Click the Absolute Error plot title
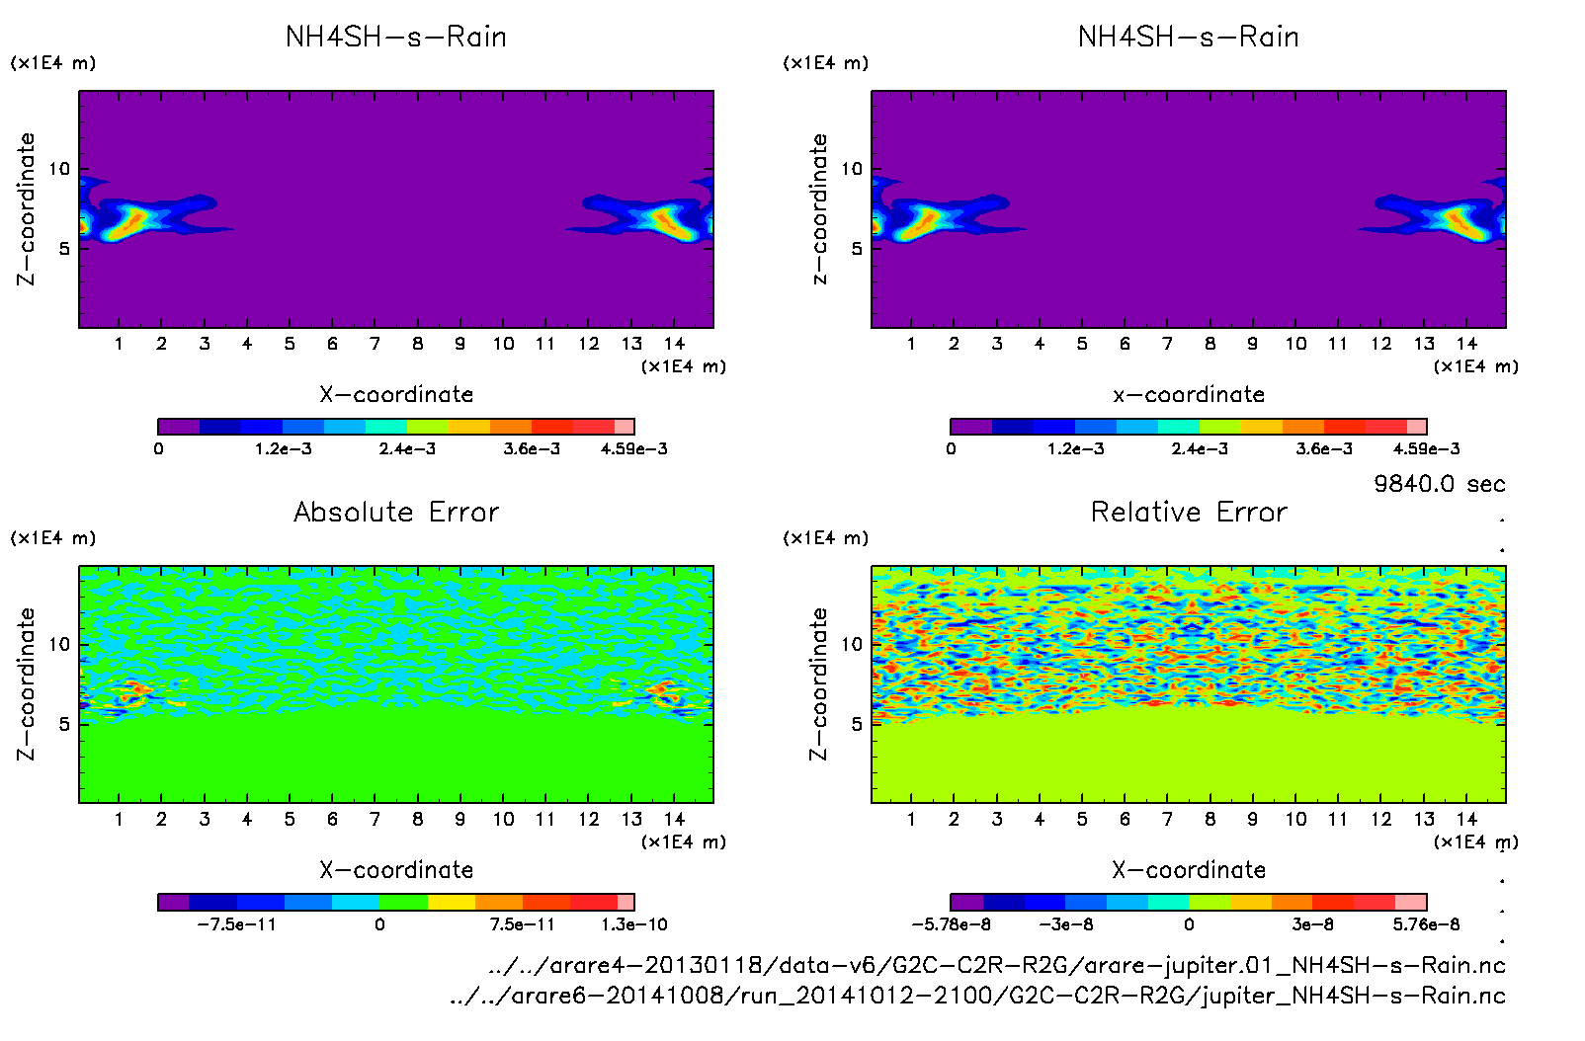click(x=396, y=512)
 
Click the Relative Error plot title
click(x=1189, y=512)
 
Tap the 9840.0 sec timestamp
click(x=1439, y=484)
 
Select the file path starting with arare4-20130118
click(x=996, y=965)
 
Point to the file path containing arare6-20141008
click(x=977, y=996)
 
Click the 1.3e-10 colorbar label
click(x=634, y=924)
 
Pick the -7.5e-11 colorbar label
click(x=236, y=924)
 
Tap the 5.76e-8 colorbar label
click(x=1426, y=924)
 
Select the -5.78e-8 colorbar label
click(x=951, y=924)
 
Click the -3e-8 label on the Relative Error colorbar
click(x=1065, y=924)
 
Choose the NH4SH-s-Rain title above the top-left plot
click(x=396, y=37)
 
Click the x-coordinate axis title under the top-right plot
click(x=1189, y=394)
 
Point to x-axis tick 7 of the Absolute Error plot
click(x=375, y=819)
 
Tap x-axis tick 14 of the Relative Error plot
click(x=1466, y=819)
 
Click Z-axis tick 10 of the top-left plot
click(x=60, y=169)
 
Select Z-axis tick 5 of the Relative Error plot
click(x=856, y=724)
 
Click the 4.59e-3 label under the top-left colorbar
click(x=634, y=448)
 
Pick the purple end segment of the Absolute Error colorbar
click(x=173, y=902)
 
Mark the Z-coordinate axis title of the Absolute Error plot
click(x=27, y=683)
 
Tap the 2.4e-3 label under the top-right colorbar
click(x=1200, y=448)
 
